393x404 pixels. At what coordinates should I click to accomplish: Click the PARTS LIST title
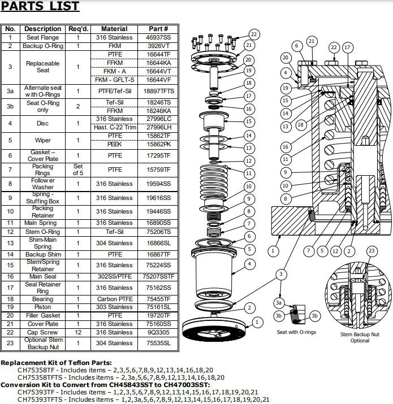(40, 7)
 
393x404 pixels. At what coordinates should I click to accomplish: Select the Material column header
(114, 29)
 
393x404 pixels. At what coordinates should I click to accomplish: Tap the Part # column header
(158, 29)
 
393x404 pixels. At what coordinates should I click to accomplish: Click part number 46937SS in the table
(158, 37)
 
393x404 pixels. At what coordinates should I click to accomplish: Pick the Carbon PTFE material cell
(115, 299)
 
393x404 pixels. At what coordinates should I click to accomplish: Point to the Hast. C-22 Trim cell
(115, 128)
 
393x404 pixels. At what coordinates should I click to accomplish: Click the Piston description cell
(42, 307)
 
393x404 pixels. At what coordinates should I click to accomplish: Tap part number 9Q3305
(158, 333)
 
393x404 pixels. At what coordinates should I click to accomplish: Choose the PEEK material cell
(115, 145)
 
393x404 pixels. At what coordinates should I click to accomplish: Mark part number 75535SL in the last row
(158, 343)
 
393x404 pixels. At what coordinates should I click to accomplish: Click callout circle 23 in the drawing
(372, 251)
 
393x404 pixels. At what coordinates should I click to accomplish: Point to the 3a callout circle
(279, 303)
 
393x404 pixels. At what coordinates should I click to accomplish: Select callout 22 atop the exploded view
(254, 34)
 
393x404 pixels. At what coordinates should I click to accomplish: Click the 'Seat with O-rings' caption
(296, 332)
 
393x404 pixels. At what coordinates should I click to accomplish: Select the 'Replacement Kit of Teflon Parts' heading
(57, 362)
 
